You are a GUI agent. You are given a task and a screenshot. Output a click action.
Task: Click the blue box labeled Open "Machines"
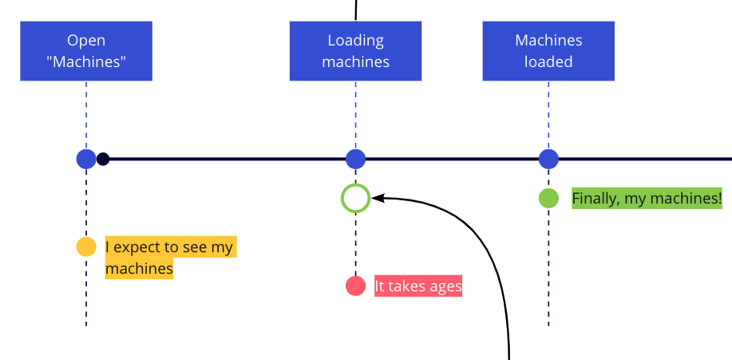pyautogui.click(x=86, y=51)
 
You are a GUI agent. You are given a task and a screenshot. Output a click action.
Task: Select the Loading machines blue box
pyautogui.click(x=355, y=51)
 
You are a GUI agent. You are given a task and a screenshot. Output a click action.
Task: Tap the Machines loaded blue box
pyautogui.click(x=548, y=51)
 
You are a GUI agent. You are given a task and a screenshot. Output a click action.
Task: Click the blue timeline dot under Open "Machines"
pyautogui.click(x=86, y=159)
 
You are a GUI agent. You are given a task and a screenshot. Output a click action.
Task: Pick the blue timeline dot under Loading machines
pyautogui.click(x=356, y=159)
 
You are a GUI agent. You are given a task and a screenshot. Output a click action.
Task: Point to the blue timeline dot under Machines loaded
pyautogui.click(x=548, y=159)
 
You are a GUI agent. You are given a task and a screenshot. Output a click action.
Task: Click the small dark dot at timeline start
pyautogui.click(x=103, y=159)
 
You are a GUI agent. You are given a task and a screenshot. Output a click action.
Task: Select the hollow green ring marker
pyautogui.click(x=355, y=198)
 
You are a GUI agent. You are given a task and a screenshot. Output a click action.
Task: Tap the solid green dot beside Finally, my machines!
pyautogui.click(x=548, y=198)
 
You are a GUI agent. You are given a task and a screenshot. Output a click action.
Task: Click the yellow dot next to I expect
pyautogui.click(x=86, y=247)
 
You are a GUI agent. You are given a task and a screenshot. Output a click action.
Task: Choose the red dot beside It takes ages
pyautogui.click(x=355, y=286)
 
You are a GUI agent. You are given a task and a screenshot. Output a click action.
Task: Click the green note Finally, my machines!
pyautogui.click(x=647, y=198)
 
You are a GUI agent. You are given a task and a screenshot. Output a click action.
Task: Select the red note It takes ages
pyautogui.click(x=418, y=286)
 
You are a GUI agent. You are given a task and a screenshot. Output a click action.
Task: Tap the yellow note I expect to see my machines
pyautogui.click(x=169, y=257)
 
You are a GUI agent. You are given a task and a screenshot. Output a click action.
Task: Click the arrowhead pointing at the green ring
pyautogui.click(x=378, y=198)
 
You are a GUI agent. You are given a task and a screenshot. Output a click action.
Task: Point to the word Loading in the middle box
pyautogui.click(x=355, y=41)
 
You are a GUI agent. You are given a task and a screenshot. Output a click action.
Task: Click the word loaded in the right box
pyautogui.click(x=548, y=61)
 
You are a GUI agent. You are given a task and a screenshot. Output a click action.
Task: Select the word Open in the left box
pyautogui.click(x=86, y=41)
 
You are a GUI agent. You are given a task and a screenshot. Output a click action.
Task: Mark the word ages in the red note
pyautogui.click(x=445, y=286)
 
